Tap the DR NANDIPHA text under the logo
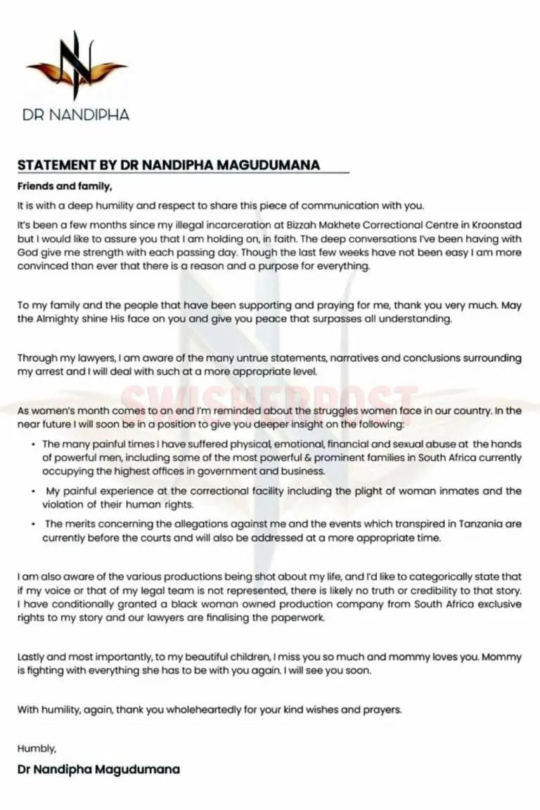coord(76,115)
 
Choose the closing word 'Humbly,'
coord(37,749)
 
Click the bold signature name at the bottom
coord(98,769)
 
